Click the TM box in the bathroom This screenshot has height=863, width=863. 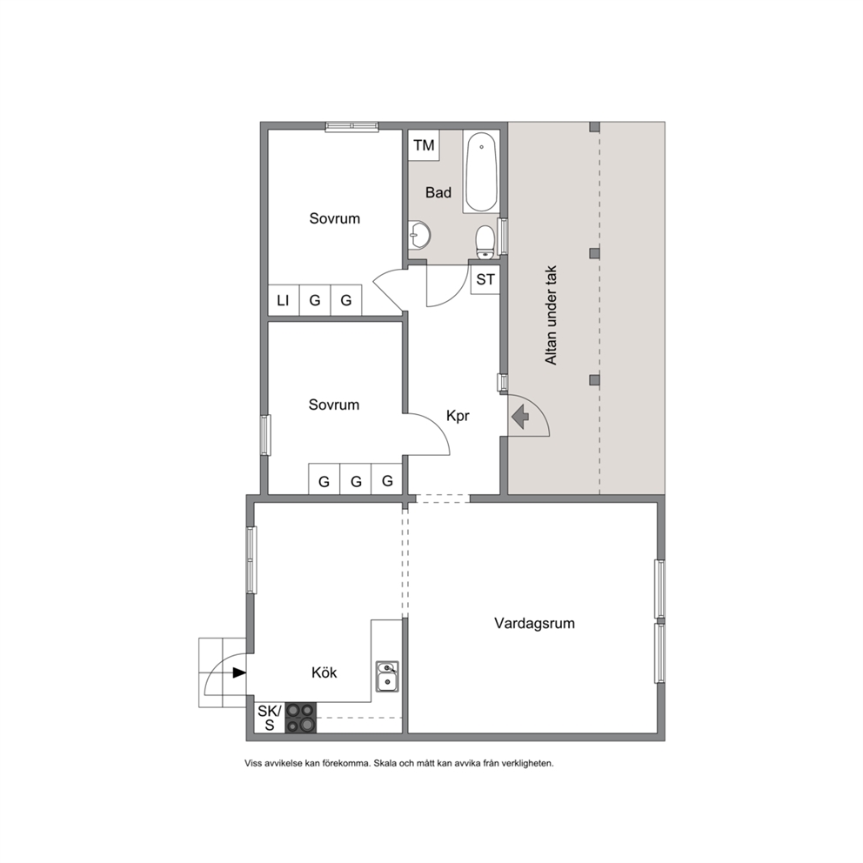coord(424,145)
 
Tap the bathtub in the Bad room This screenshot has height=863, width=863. coord(481,171)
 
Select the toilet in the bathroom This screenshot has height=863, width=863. coord(485,242)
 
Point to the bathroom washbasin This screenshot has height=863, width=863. coord(418,236)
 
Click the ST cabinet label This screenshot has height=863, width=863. coord(485,279)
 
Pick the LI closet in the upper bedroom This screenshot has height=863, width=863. coord(284,300)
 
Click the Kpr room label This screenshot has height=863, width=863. coord(458,416)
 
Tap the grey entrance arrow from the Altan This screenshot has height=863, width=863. coord(520,416)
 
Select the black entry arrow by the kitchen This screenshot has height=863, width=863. coord(239,672)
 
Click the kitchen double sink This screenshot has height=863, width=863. coord(387,677)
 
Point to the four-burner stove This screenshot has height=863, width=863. coord(300,719)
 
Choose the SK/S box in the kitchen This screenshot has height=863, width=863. coord(270,719)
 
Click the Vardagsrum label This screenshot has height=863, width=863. coord(534,623)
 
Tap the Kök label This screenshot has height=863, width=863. coord(324,672)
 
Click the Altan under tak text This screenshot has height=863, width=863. coord(551,316)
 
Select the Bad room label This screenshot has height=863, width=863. coord(438,192)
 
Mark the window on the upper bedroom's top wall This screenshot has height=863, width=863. coord(351,127)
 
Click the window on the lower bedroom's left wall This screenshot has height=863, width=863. coord(265,435)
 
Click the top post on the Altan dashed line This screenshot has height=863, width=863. coord(594,127)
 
